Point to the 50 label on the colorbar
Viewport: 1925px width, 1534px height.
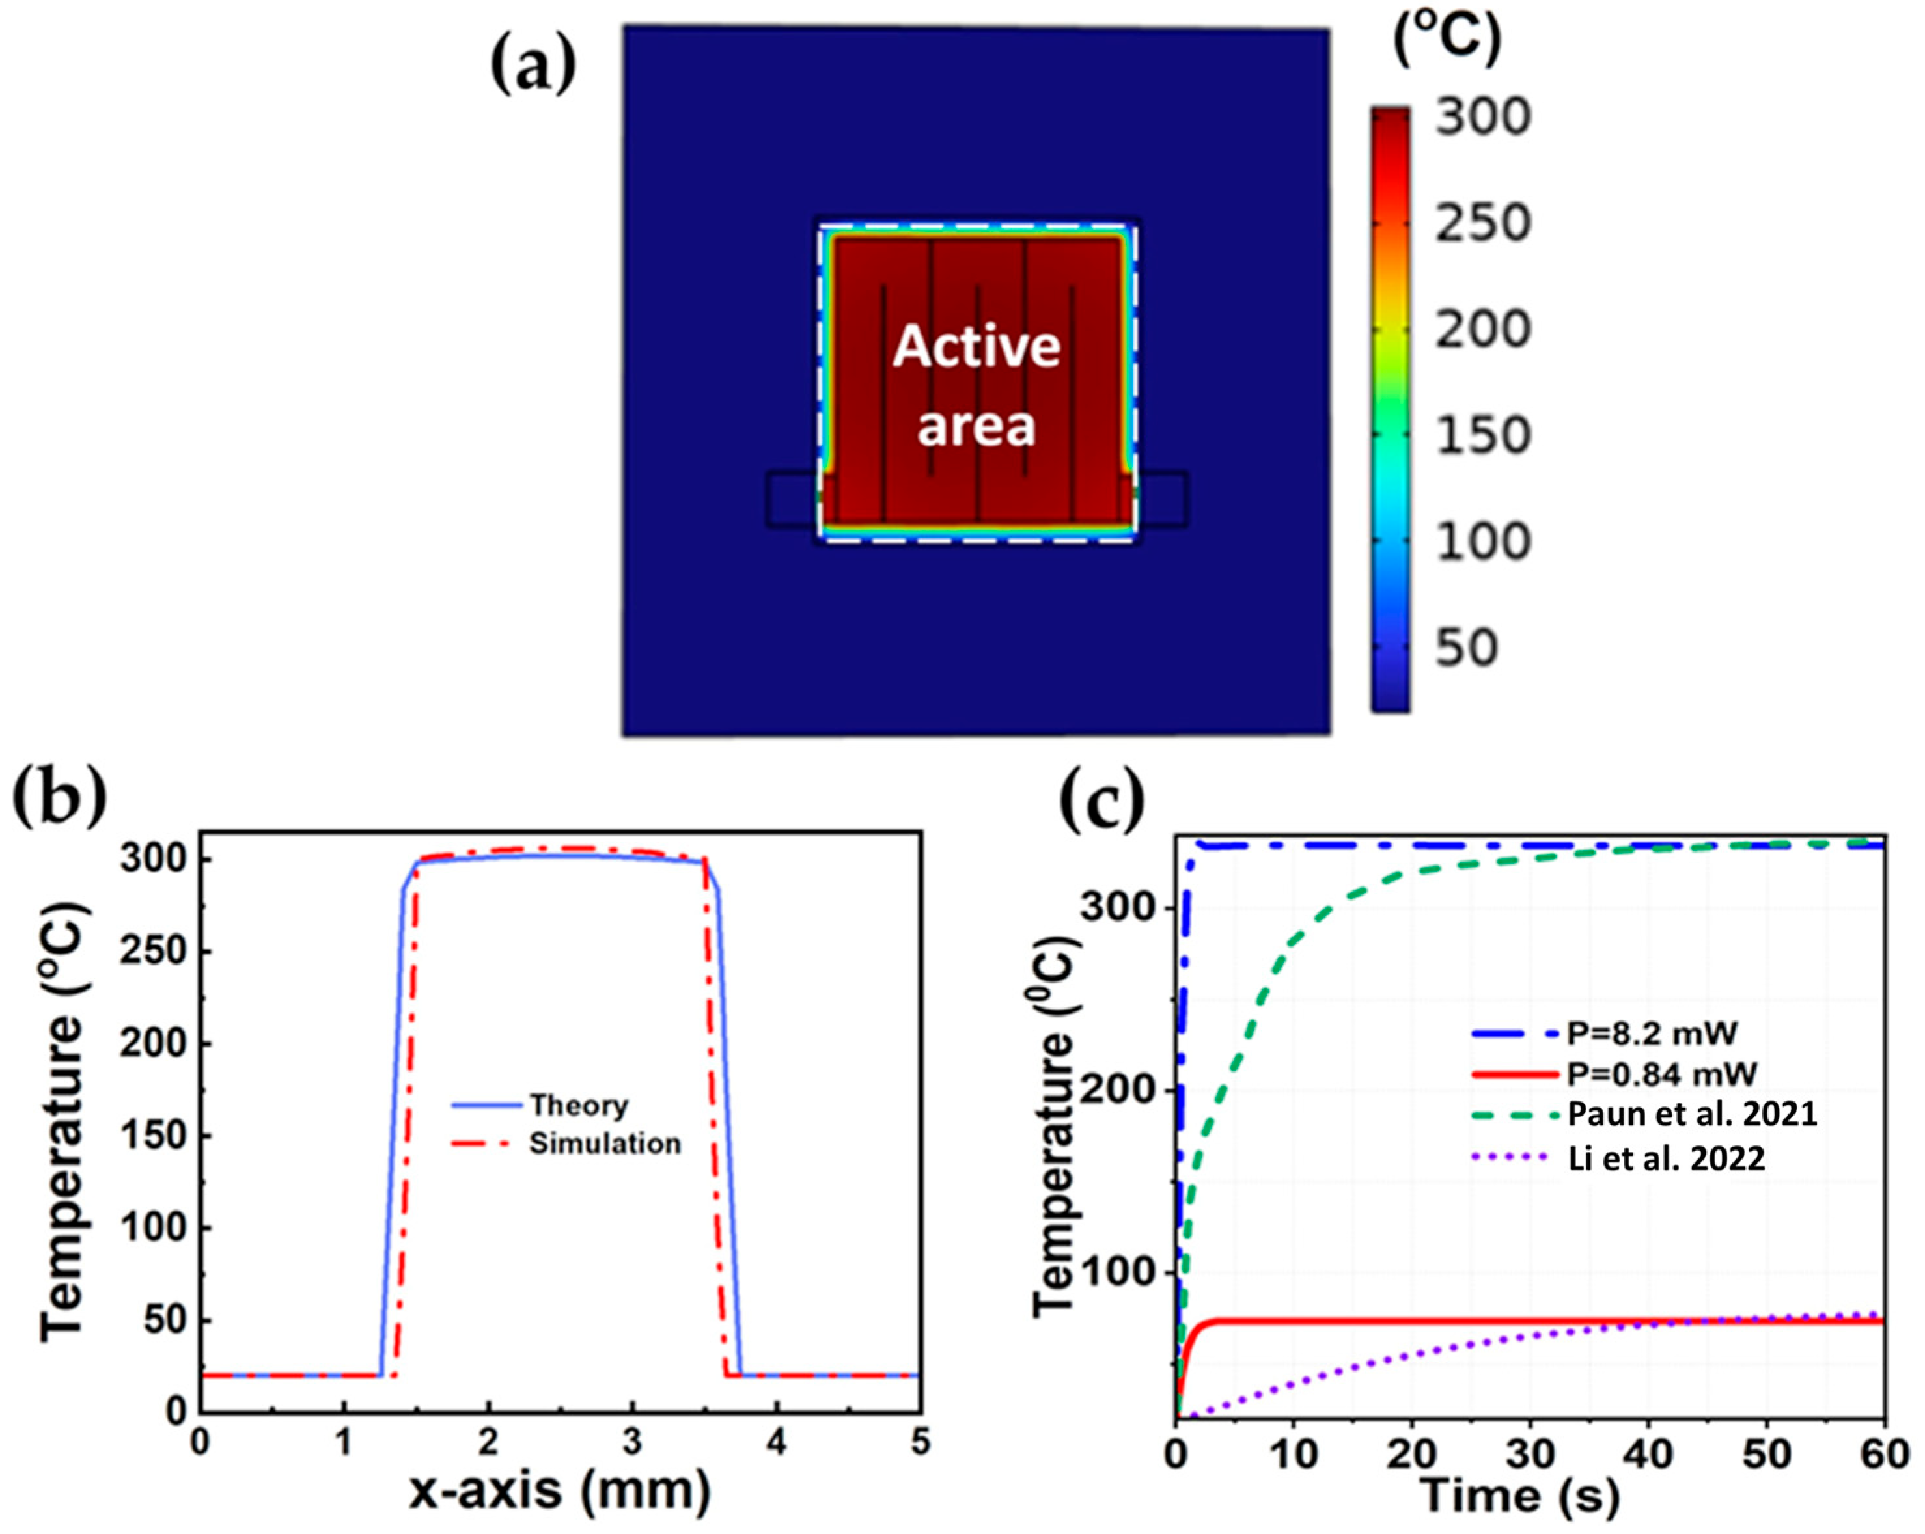tap(1465, 647)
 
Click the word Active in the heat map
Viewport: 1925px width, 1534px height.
tap(976, 346)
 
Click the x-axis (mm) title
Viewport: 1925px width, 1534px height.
tap(560, 1489)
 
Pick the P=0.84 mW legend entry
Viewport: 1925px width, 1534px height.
tap(1661, 1073)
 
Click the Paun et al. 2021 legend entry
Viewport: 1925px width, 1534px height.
tap(1692, 1115)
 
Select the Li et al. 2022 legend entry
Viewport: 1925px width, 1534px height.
tap(1666, 1159)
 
